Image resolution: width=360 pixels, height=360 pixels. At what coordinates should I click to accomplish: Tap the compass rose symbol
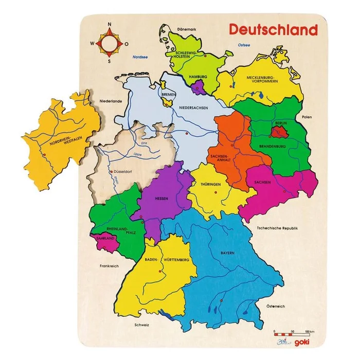[109, 43]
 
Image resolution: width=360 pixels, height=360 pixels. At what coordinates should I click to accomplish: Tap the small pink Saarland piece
[101, 239]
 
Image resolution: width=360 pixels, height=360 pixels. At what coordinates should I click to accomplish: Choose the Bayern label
[228, 253]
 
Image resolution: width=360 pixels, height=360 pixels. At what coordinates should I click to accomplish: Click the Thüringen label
[211, 184]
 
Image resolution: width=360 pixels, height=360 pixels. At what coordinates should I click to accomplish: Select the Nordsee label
[139, 57]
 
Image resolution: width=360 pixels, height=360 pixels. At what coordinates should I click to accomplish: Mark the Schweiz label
[141, 325]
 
